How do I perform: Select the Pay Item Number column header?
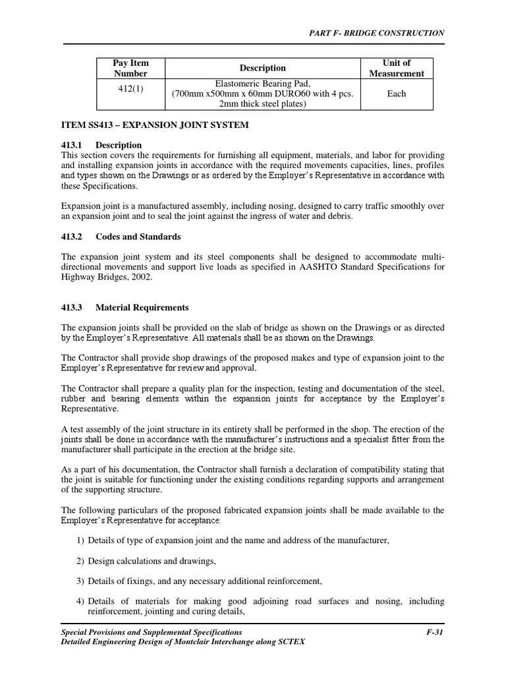click(x=131, y=68)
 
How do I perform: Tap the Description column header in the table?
click(x=262, y=68)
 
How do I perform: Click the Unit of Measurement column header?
click(x=396, y=68)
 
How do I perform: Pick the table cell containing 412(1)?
click(x=131, y=89)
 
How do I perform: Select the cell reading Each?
click(x=396, y=94)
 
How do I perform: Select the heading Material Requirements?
click(x=142, y=307)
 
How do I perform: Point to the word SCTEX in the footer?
click(x=293, y=641)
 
